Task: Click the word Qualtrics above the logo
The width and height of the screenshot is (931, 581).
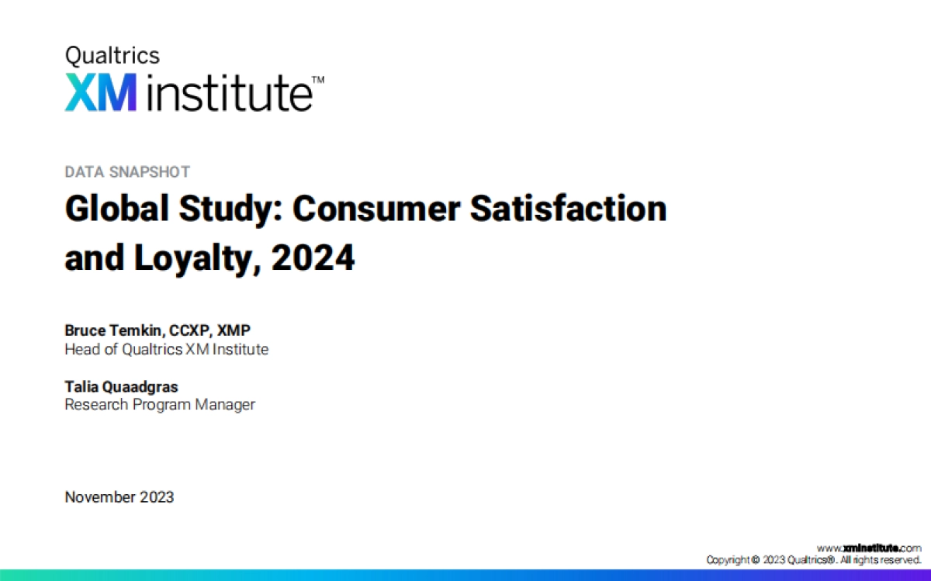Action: tap(112, 56)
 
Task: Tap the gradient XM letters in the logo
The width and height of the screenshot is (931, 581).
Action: tap(101, 92)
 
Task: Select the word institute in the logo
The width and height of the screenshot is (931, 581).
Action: tap(228, 92)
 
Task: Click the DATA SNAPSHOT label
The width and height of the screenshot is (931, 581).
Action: tap(127, 172)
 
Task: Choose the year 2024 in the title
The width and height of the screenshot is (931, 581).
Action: tap(313, 258)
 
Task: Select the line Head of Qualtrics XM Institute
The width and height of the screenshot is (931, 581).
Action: tap(166, 349)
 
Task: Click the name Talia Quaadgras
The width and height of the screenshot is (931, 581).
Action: tap(122, 386)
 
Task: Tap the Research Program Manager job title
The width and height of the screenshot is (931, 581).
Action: tap(159, 404)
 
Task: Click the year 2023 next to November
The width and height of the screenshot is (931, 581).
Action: tap(157, 497)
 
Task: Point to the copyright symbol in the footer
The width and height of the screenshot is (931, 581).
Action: tap(756, 559)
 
